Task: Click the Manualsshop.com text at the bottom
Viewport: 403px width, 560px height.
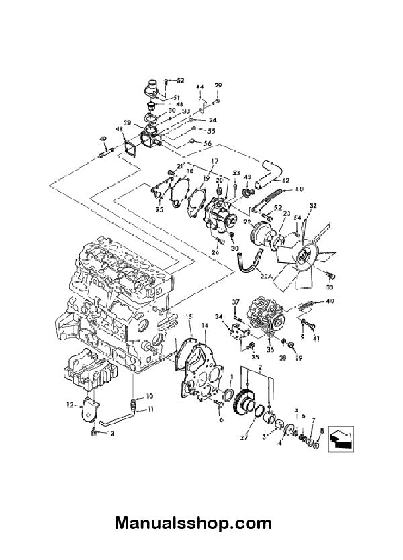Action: pyautogui.click(x=193, y=523)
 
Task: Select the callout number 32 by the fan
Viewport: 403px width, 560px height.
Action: pyautogui.click(x=312, y=205)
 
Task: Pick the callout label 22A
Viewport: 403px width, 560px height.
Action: pyautogui.click(x=268, y=277)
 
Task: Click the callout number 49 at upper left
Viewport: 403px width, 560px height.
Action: pyautogui.click(x=103, y=139)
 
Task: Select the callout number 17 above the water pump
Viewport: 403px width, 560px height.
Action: pyautogui.click(x=215, y=161)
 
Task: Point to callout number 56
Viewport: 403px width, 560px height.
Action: pyautogui.click(x=208, y=144)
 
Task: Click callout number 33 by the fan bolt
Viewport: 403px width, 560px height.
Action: pyautogui.click(x=330, y=287)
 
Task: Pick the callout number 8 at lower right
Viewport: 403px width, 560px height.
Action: pyautogui.click(x=322, y=431)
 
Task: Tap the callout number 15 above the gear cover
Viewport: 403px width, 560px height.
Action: pyautogui.click(x=189, y=316)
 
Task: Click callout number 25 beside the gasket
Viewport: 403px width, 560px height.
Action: pyautogui.click(x=159, y=210)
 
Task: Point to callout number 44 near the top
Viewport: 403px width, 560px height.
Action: pyautogui.click(x=199, y=87)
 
